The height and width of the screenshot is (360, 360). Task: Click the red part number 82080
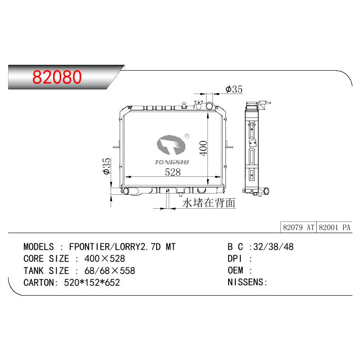click(57, 77)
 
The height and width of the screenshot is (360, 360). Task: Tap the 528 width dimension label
click(173, 172)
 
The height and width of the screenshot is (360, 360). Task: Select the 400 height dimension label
click(203, 148)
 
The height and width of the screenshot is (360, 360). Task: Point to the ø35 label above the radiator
click(234, 89)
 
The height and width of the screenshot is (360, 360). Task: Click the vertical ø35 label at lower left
click(107, 166)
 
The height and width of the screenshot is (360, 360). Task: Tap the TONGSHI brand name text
click(172, 162)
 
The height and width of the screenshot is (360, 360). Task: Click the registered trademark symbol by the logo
click(186, 136)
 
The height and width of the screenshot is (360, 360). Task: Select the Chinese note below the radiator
click(209, 203)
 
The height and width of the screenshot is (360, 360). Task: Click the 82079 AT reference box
click(298, 228)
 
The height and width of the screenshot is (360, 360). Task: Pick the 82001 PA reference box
click(334, 228)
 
